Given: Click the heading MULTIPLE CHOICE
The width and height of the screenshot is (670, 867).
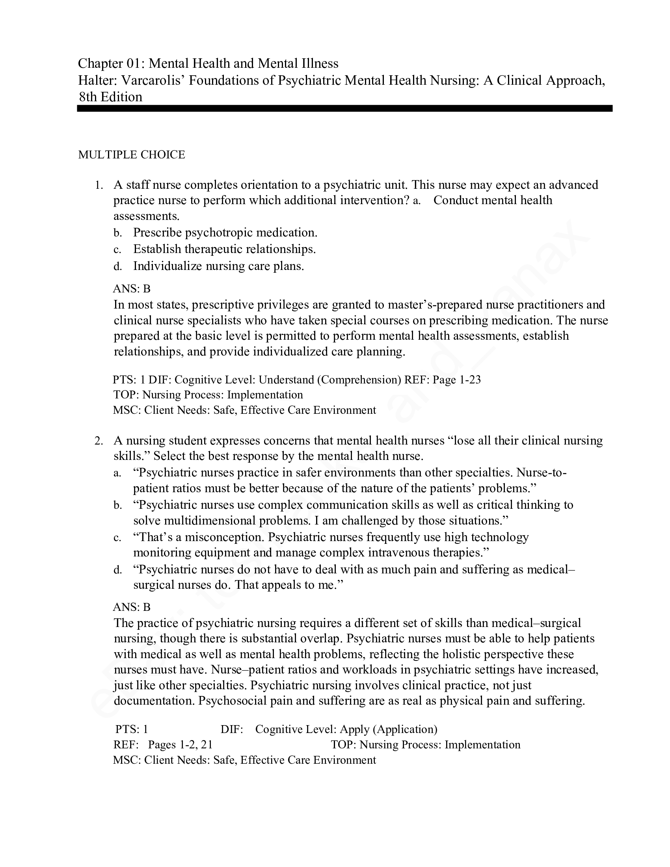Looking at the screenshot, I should click(131, 155).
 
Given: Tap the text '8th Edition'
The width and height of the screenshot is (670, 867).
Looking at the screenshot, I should click(110, 97).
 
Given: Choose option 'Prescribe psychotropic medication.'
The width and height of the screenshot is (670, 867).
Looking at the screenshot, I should click(225, 233).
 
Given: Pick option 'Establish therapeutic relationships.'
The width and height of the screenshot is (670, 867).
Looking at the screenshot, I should click(224, 249).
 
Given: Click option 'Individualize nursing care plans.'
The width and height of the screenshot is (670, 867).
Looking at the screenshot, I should click(218, 266).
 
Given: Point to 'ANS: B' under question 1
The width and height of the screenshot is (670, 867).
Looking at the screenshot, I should click(132, 288).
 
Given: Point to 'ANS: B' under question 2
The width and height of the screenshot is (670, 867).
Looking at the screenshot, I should click(132, 607).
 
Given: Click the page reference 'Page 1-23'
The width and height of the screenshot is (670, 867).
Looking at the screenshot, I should click(456, 380).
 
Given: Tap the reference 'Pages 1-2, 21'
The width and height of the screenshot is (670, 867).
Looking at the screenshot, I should click(180, 744).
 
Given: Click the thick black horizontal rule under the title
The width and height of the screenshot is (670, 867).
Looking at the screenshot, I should click(344, 108).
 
